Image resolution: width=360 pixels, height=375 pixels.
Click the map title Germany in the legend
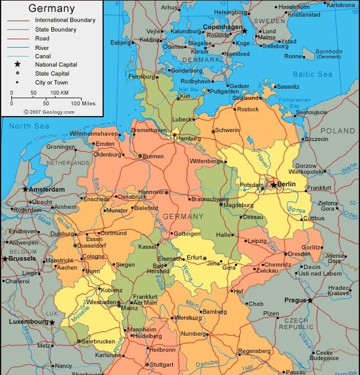pyautogui.click(x=52, y=8)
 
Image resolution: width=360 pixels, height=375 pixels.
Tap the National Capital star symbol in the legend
pyautogui.click(x=17, y=64)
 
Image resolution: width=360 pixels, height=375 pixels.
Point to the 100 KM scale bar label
pyautogui.click(x=59, y=93)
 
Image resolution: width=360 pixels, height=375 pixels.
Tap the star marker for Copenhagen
pyautogui.click(x=244, y=30)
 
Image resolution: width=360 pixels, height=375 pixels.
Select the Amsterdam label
pyautogui.click(x=46, y=189)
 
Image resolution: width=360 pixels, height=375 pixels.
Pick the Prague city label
pyautogui.click(x=294, y=300)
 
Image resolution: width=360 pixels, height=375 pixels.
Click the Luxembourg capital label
pyautogui.click(x=28, y=321)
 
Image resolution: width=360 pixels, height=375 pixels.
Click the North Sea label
pyautogui.click(x=29, y=126)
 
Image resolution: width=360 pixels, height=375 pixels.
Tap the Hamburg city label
pyautogui.click(x=188, y=139)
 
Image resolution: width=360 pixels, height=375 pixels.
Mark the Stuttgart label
pyautogui.click(x=162, y=364)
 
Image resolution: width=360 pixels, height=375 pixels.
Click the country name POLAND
pyautogui.click(x=337, y=130)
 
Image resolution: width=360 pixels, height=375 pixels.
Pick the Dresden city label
pyautogui.click(x=299, y=254)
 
